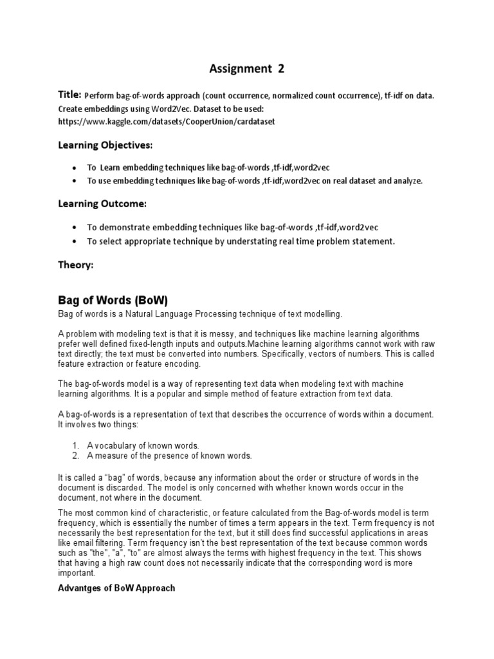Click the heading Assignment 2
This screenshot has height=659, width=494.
coord(247,68)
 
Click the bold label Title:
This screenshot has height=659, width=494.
coord(70,95)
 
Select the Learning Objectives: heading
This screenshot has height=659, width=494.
coord(105,145)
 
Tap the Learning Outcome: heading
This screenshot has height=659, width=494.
coord(102,204)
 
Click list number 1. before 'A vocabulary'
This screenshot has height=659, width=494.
coord(76,445)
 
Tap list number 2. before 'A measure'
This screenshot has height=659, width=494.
coord(76,456)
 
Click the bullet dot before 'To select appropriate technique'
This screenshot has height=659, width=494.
coord(77,241)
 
